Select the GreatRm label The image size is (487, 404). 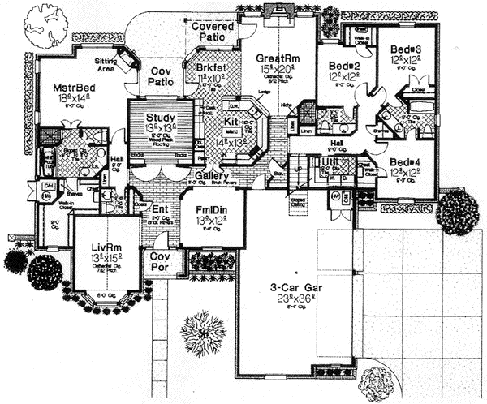(x=275, y=58)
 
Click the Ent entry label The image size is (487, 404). (x=161, y=209)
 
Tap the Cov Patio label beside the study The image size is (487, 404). (x=162, y=77)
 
